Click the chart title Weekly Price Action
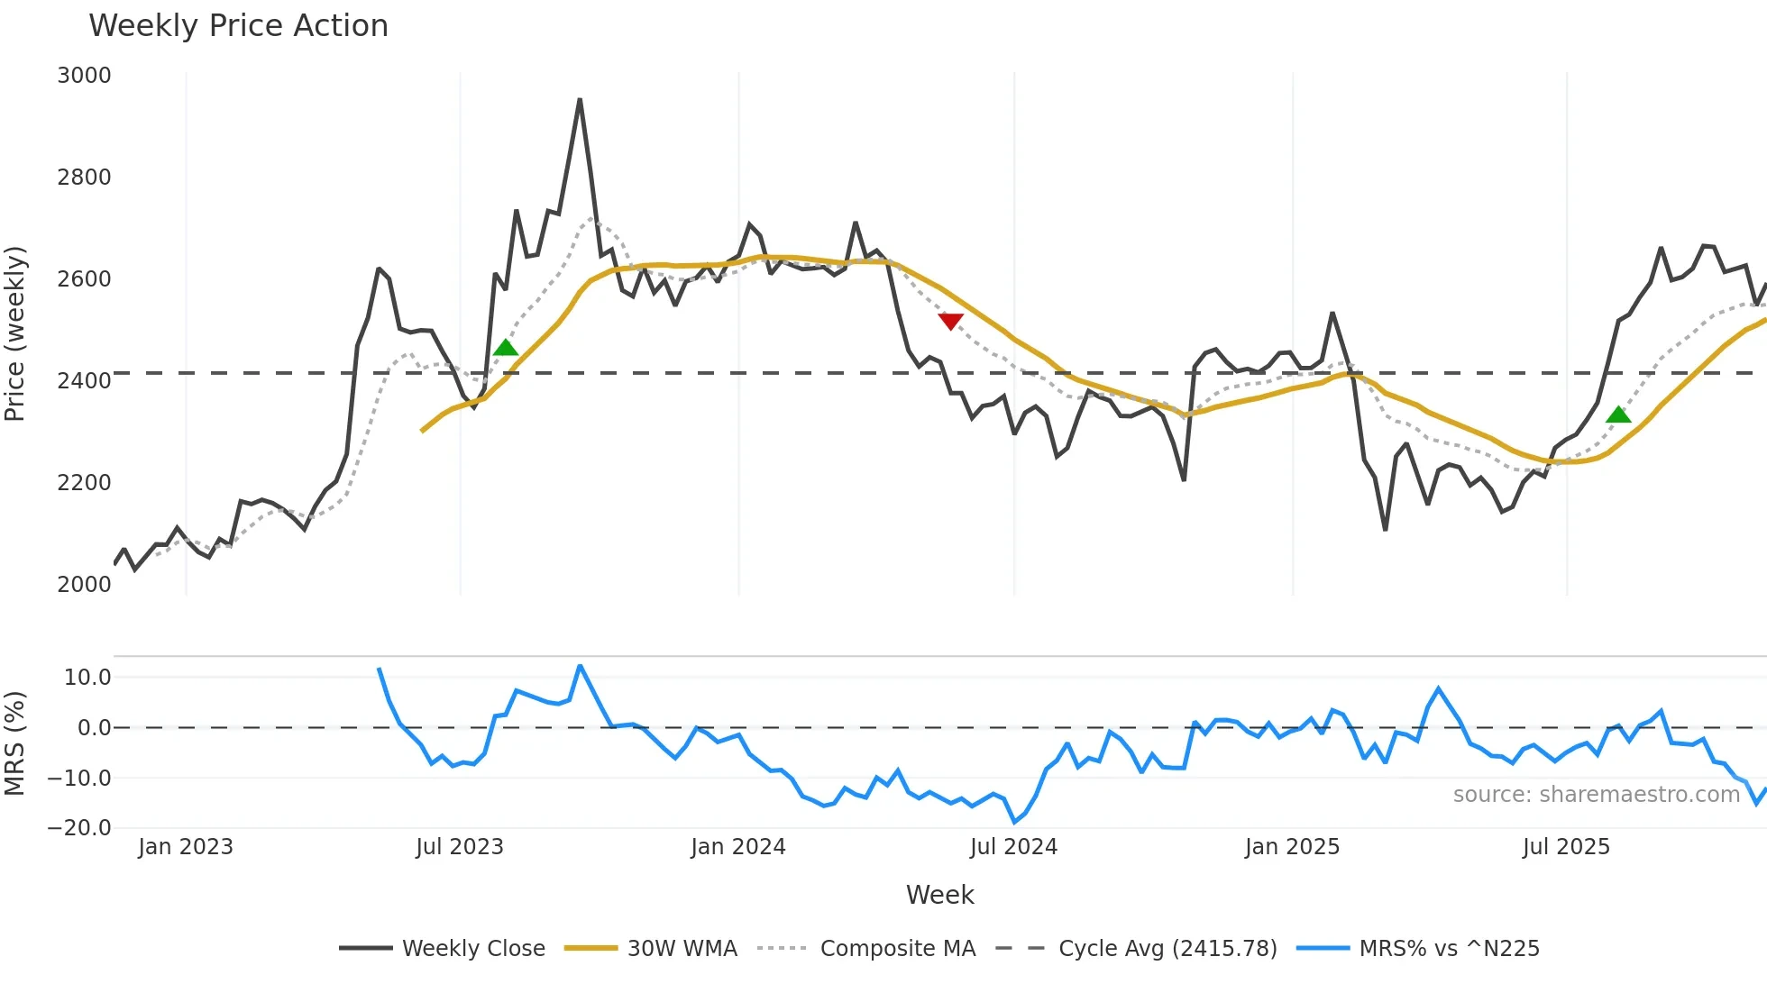pyautogui.click(x=238, y=26)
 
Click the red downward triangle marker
pyautogui.click(x=950, y=321)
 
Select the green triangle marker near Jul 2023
pyautogui.click(x=506, y=348)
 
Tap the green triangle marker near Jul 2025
pyautogui.click(x=1618, y=415)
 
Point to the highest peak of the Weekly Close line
pyautogui.click(x=580, y=100)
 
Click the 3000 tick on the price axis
pyautogui.click(x=84, y=76)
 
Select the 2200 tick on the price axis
pyautogui.click(x=84, y=483)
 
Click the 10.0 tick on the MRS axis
pyautogui.click(x=87, y=678)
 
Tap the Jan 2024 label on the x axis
pyautogui.click(x=738, y=847)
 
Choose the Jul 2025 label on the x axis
pyautogui.click(x=1566, y=847)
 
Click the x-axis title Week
pyautogui.click(x=939, y=895)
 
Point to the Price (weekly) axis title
pyautogui.click(x=15, y=333)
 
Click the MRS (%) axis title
pyautogui.click(x=15, y=743)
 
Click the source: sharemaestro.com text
pyautogui.click(x=1596, y=795)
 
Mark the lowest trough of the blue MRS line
pyautogui.click(x=1015, y=822)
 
